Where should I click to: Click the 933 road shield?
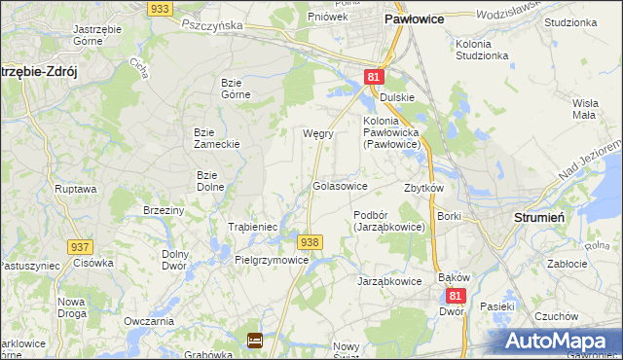point(162,8)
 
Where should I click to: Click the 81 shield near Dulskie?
point(375,77)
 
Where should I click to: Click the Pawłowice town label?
point(415,18)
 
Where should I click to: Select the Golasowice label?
point(339,185)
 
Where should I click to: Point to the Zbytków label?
point(423,188)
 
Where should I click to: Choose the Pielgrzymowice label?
point(272,260)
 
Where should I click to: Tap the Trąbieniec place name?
point(253,227)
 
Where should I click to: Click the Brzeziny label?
point(164,210)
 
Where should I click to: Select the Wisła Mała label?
point(584,108)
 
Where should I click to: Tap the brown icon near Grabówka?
point(254,340)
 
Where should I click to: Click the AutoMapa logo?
point(561,341)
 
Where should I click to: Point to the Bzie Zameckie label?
point(217,137)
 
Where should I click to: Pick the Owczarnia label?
point(149,320)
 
